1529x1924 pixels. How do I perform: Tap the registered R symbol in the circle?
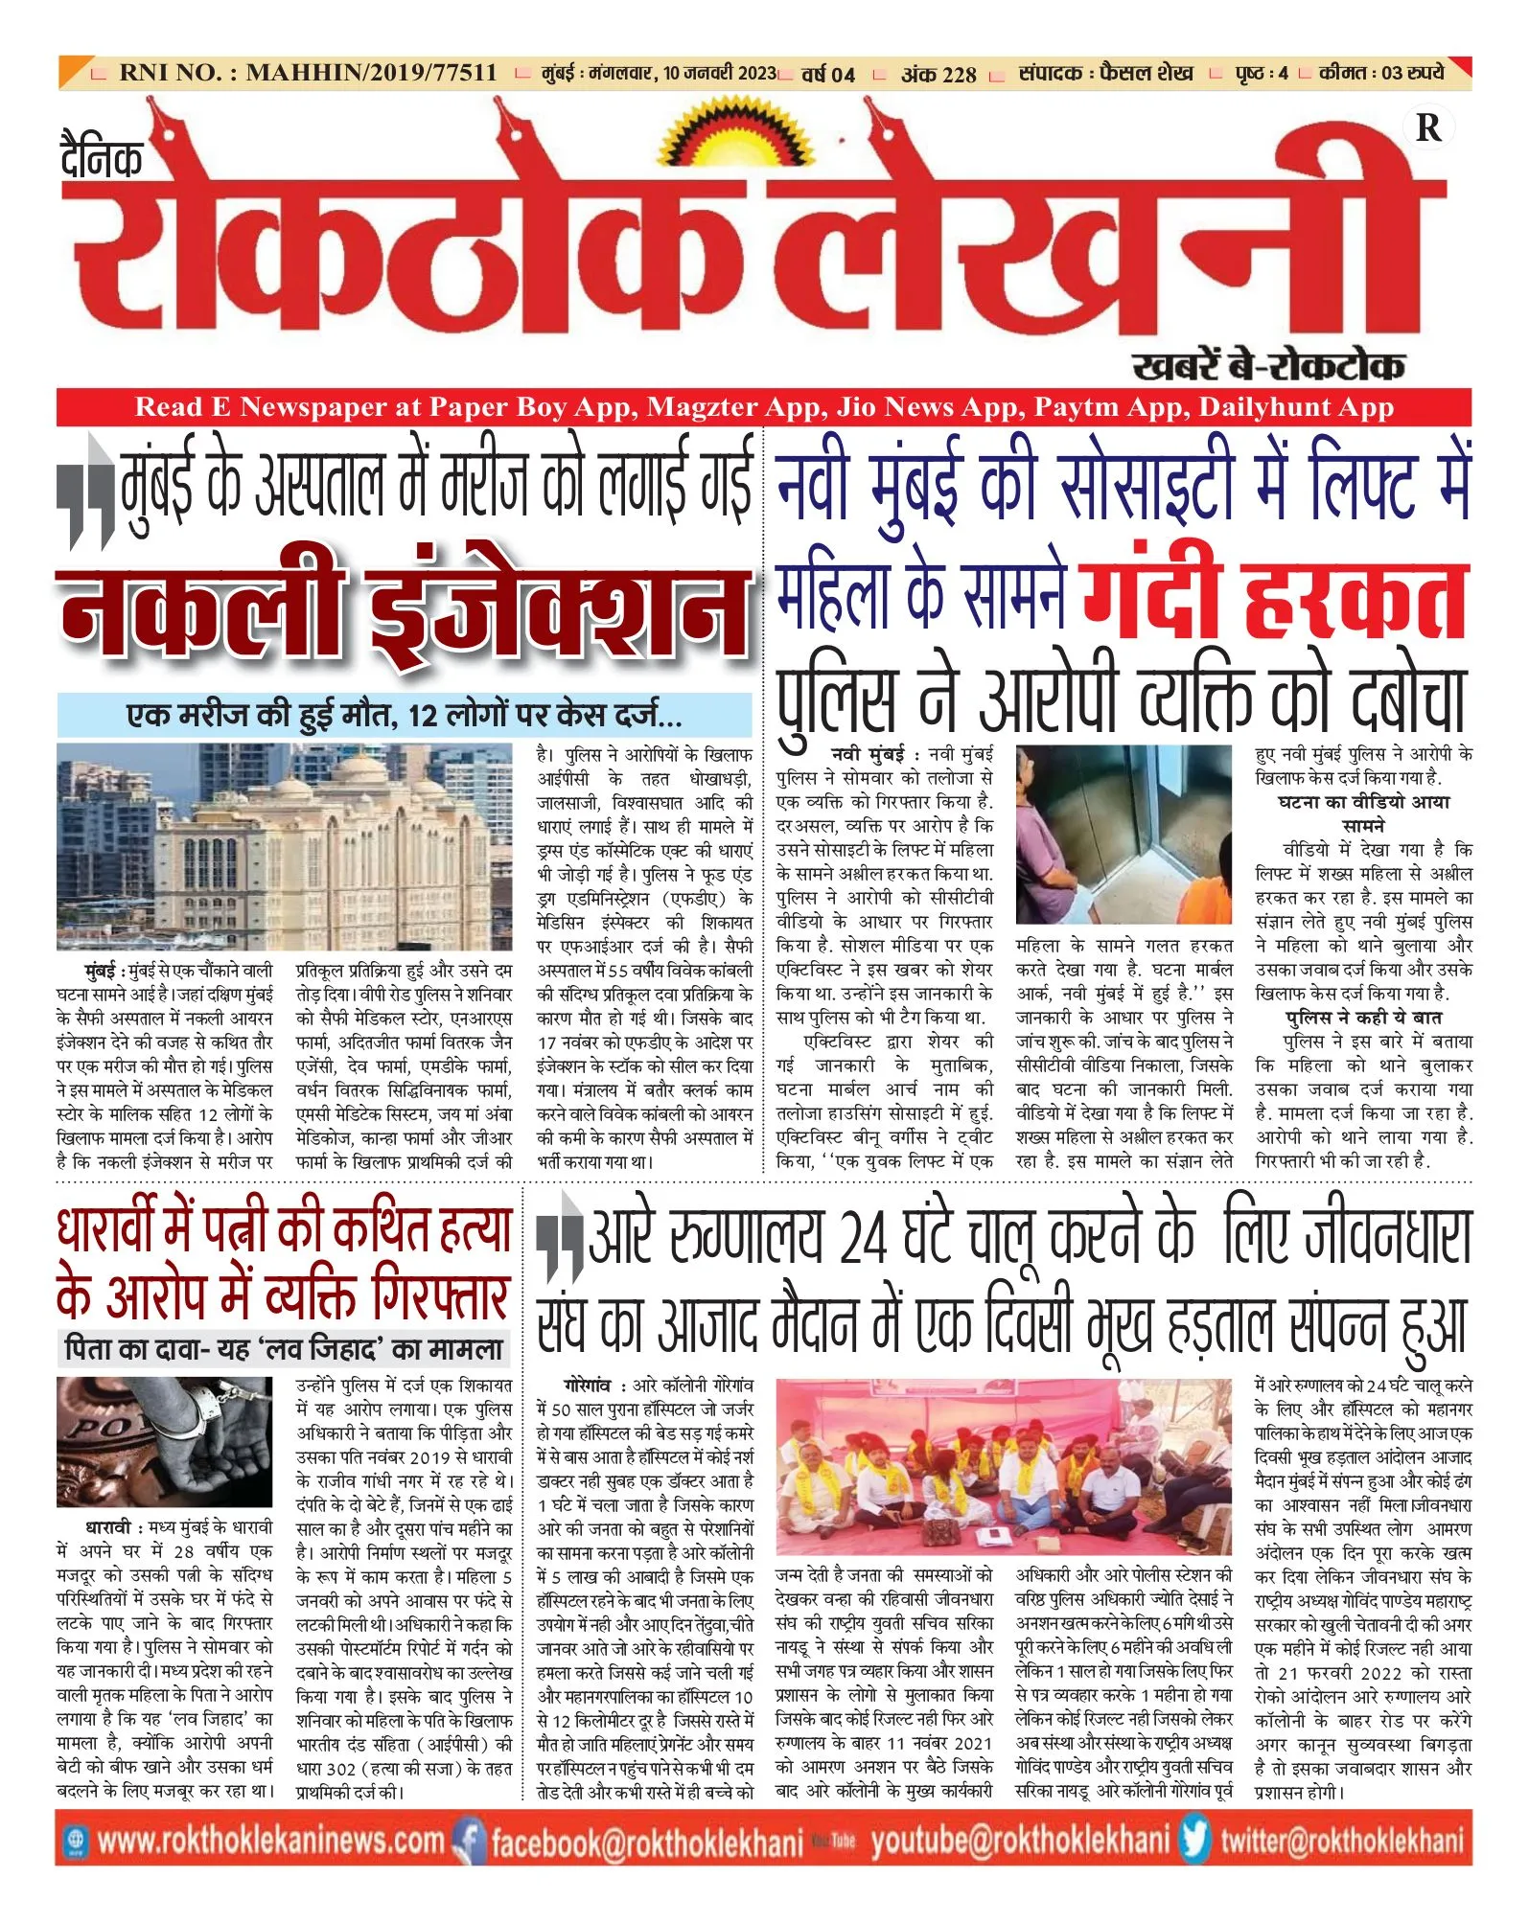coord(1427,127)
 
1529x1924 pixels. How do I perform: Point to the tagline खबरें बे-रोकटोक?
coord(1268,365)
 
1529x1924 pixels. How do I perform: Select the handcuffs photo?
coord(164,1441)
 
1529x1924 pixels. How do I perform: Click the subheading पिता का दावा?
coord(283,1350)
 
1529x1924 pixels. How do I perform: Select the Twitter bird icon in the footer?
coord(1194,1840)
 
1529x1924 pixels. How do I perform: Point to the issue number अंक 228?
coord(938,74)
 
